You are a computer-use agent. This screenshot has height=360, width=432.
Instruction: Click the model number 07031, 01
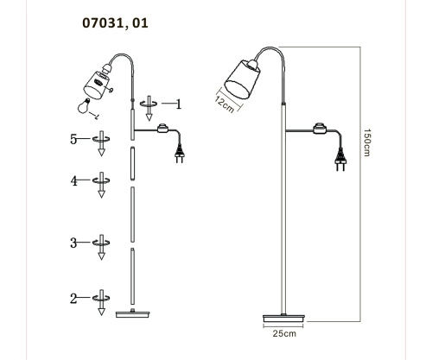point(115,23)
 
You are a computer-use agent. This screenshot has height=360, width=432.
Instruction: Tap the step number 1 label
point(179,104)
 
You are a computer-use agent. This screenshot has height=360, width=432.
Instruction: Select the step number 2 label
point(73,299)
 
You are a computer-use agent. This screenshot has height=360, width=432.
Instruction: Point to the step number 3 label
point(73,243)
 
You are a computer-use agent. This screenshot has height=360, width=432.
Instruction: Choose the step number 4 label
point(74,181)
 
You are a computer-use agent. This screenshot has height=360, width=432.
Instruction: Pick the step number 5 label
point(73,139)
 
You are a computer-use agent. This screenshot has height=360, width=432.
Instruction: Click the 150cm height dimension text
point(366,142)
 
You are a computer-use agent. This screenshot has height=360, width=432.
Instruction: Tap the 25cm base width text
point(284,333)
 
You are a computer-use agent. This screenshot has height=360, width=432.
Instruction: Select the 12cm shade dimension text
point(225,104)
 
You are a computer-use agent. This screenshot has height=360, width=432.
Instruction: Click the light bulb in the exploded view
point(85,106)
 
